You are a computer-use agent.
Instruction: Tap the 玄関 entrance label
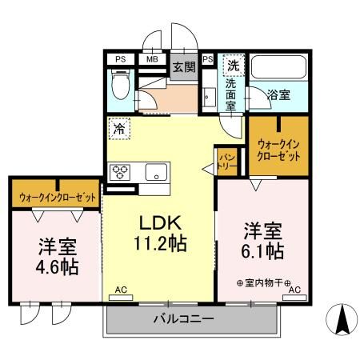(183, 66)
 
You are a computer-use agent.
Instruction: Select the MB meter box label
(151, 58)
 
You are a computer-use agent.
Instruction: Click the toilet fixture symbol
(120, 85)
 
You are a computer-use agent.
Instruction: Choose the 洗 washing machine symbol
(233, 64)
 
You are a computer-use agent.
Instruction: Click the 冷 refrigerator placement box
(119, 128)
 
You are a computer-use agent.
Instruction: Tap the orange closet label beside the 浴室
(278, 150)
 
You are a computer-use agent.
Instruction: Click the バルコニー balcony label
(183, 320)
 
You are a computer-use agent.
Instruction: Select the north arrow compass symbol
(342, 321)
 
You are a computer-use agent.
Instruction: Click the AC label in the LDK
(120, 289)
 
